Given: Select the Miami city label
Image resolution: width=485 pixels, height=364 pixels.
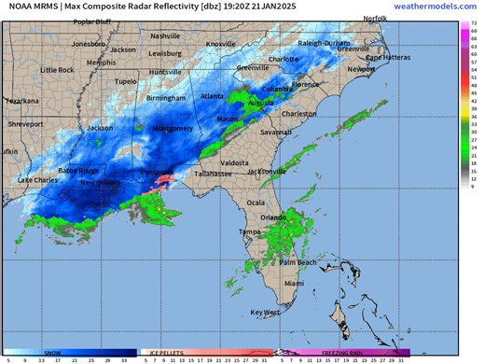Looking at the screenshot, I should (294, 282).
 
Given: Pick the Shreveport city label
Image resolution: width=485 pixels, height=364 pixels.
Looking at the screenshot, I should (26, 123).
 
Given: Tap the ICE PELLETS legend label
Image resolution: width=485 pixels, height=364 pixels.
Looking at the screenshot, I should (160, 352).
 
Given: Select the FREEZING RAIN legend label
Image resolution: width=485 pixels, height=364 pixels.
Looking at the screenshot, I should (341, 352).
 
